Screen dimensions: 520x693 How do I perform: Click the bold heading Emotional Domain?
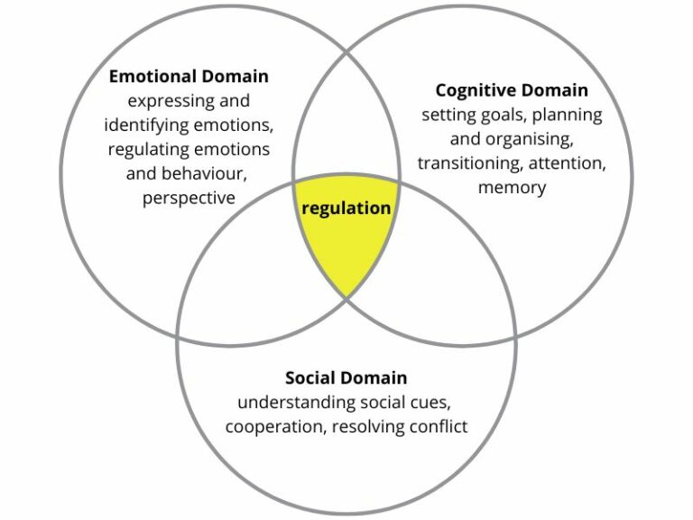pyautogui.click(x=189, y=76)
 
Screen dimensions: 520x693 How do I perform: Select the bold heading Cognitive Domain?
pyautogui.click(x=512, y=90)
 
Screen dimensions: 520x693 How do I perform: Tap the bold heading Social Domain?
pyautogui.click(x=346, y=377)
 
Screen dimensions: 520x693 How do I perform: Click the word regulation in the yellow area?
pyautogui.click(x=346, y=208)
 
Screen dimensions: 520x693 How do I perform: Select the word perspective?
pyautogui.click(x=189, y=198)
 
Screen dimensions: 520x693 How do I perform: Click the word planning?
pyautogui.click(x=565, y=115)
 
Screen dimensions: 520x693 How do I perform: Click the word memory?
pyautogui.click(x=512, y=188)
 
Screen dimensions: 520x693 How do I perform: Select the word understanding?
pyautogui.click(x=284, y=402)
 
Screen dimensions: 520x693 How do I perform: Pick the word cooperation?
pyautogui.click(x=273, y=426)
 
